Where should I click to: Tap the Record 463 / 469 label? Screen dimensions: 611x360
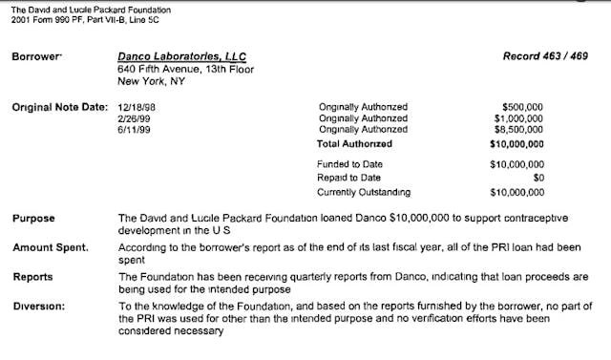540,56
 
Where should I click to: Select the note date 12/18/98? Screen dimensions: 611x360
135,106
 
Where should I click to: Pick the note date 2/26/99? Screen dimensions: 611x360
132,117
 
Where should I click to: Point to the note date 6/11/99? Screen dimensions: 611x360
132,129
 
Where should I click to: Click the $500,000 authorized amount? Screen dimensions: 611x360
522,106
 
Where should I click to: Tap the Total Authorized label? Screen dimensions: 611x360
354,143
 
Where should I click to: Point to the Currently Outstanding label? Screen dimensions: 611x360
362,191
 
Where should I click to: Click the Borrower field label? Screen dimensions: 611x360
36,56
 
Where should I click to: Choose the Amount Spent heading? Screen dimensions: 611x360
51,247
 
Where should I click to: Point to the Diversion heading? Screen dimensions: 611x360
38,307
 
